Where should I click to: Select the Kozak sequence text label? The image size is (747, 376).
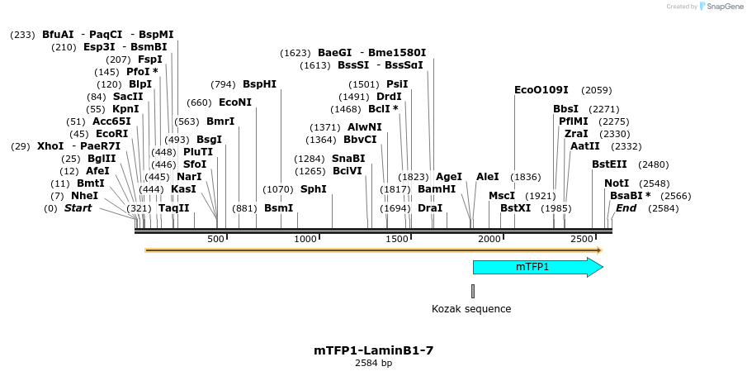tap(471, 309)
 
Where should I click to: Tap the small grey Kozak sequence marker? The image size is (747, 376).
tap(473, 291)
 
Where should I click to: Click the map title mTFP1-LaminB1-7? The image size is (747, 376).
tap(373, 350)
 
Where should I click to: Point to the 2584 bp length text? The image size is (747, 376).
tap(373, 363)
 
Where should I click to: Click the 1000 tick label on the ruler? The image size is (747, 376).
tap(306, 239)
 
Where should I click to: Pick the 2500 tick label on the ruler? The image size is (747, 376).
tap(583, 239)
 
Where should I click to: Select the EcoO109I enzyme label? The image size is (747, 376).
tap(541, 90)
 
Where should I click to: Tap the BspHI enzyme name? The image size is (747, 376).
tap(259, 84)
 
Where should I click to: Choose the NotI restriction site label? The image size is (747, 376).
tap(617, 183)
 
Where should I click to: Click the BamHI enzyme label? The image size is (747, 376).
tap(437, 189)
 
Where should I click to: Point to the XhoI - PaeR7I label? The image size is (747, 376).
tap(78, 146)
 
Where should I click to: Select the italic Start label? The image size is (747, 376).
tap(78, 208)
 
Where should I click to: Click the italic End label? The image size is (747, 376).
tap(626, 208)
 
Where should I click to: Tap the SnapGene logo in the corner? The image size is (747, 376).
tap(721, 7)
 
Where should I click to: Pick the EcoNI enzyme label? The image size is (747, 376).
tap(235, 102)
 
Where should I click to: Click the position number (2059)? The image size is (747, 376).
tap(596, 90)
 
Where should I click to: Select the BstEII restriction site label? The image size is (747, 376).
tap(609, 164)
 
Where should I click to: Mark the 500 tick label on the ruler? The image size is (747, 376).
tap(216, 239)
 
